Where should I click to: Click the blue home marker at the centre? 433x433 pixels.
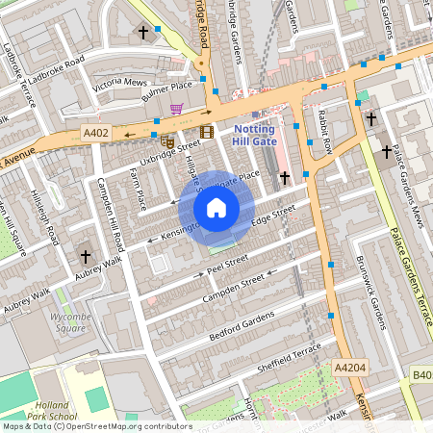pyautogui.click(x=216, y=208)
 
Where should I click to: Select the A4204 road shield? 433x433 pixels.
pyautogui.click(x=350, y=368)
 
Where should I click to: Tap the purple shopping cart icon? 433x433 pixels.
pyautogui.click(x=177, y=110)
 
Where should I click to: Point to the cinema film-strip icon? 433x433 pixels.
pyautogui.click(x=206, y=132)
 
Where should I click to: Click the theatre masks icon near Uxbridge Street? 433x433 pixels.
pyautogui.click(x=167, y=142)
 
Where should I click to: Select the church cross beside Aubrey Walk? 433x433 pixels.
pyautogui.click(x=85, y=257)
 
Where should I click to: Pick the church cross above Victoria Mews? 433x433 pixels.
pyautogui.click(x=143, y=33)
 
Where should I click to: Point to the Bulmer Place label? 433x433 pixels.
pyautogui.click(x=167, y=91)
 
